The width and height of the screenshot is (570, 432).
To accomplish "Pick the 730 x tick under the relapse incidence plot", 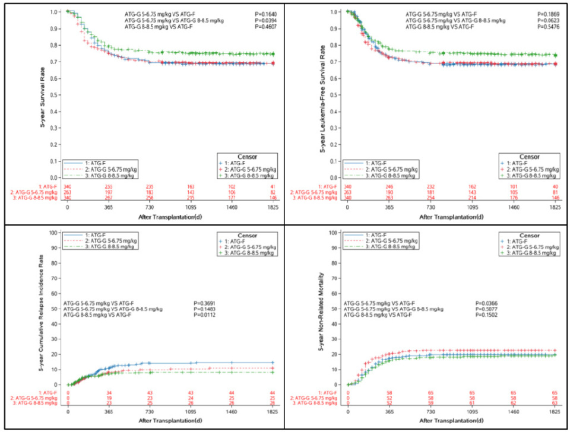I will (x=150, y=411).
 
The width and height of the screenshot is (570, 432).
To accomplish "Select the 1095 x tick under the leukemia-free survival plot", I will (x=472, y=209).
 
